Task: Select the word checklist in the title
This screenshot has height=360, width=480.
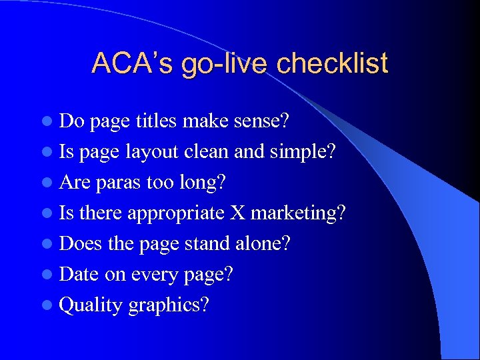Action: coord(331,63)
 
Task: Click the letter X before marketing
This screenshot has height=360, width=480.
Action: coord(237,213)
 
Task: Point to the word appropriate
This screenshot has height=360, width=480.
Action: coord(176,213)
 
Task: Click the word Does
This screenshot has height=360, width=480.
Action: coord(81,244)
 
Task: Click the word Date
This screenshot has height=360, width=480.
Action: coord(79,275)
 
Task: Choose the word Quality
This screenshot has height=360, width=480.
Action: coord(91,305)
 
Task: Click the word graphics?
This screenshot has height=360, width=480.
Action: coord(169,305)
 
